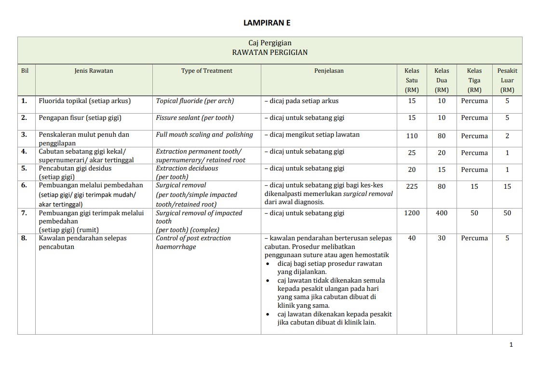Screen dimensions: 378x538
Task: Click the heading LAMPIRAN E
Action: [267, 23]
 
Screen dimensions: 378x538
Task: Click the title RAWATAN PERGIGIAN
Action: [269, 52]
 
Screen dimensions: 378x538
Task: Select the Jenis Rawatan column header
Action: [94, 71]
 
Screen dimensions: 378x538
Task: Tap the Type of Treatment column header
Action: [206, 71]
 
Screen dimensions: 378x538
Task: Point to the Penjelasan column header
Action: [329, 71]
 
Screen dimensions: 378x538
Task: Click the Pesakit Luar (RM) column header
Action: [507, 80]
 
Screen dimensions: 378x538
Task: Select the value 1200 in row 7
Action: [412, 213]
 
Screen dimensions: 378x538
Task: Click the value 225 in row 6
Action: [412, 186]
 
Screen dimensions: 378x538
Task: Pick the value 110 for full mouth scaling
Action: [412, 136]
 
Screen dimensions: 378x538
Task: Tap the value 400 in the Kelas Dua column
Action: [442, 213]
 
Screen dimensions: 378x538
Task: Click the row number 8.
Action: [24, 238]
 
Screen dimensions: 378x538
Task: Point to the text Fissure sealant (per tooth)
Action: [194, 117]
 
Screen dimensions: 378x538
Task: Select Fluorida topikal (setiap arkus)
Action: [85, 101]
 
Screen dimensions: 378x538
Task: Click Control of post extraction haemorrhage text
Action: [193, 242]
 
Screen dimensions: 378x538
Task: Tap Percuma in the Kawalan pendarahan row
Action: [474, 238]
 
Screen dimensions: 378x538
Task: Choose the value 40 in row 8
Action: [412, 238]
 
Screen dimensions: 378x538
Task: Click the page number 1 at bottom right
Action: [511, 344]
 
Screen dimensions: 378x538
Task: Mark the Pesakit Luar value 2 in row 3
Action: [507, 136]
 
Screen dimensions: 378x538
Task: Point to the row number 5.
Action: [24, 168]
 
